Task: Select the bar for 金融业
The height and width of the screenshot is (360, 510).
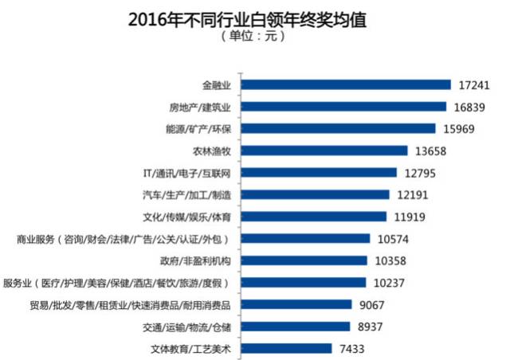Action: tap(346, 84)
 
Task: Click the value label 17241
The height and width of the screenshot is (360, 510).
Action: tap(477, 84)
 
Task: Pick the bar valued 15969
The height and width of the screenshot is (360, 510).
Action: tap(338, 128)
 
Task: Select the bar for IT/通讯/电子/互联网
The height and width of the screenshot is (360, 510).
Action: tap(319, 172)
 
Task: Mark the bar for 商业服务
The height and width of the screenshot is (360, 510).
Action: tap(305, 238)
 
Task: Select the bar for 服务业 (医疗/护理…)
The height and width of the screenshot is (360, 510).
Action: tap(304, 282)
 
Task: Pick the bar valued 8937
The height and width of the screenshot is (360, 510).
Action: tap(296, 327)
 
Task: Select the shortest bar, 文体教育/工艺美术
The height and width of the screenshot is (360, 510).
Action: tap(286, 348)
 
